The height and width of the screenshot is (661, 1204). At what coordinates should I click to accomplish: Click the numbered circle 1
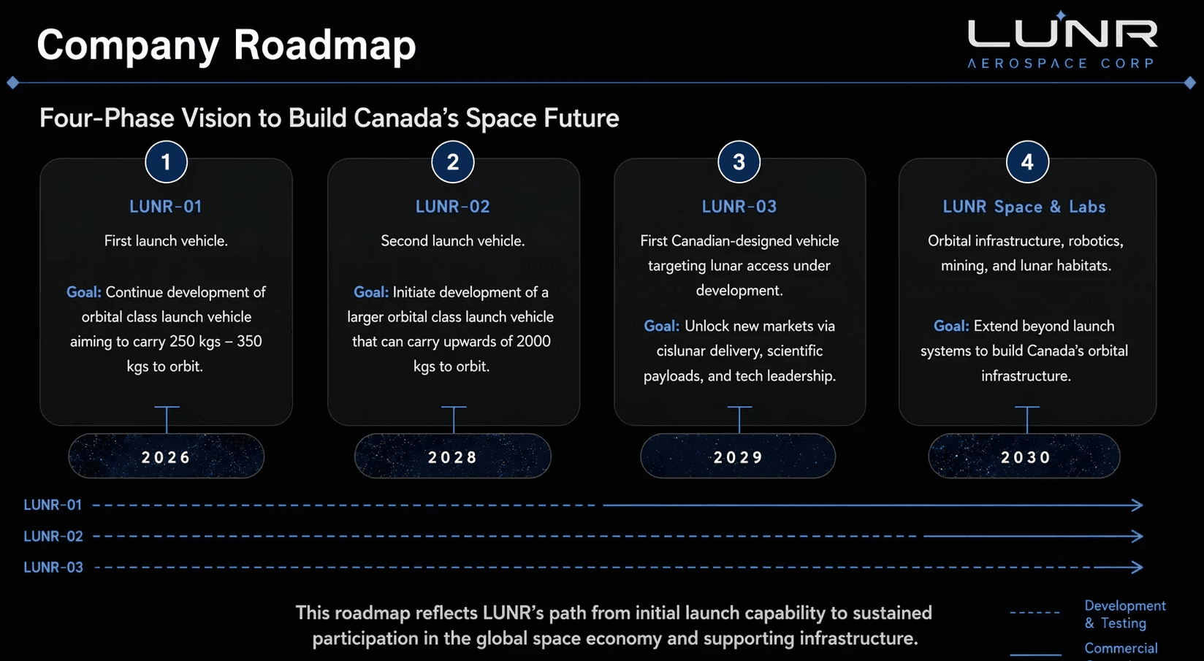[166, 161]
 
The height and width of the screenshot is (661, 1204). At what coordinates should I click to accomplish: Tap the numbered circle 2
[452, 161]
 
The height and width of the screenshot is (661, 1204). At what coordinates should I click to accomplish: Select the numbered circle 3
[739, 161]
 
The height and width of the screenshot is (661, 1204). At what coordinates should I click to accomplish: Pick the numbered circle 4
[1027, 161]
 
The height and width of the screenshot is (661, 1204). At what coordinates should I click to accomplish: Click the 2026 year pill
[166, 456]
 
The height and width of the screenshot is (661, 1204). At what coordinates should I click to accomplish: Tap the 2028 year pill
[452, 456]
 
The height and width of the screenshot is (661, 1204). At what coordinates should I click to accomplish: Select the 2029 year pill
[738, 456]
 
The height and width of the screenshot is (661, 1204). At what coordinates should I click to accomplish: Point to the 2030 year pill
[1024, 456]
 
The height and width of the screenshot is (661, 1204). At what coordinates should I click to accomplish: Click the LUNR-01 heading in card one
[166, 207]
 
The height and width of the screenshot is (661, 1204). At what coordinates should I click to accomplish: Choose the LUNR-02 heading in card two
[452, 207]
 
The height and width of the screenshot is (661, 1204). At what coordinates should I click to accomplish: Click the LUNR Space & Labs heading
[1024, 207]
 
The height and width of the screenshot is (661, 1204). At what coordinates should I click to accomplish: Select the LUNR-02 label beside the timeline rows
[53, 536]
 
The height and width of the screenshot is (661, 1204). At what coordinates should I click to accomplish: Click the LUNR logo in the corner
[1062, 40]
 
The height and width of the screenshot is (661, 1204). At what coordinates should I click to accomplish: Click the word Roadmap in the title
[324, 45]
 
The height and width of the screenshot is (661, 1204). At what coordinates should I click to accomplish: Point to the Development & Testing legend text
[1125, 614]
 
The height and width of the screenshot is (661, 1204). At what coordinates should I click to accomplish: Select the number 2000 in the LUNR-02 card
[533, 341]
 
